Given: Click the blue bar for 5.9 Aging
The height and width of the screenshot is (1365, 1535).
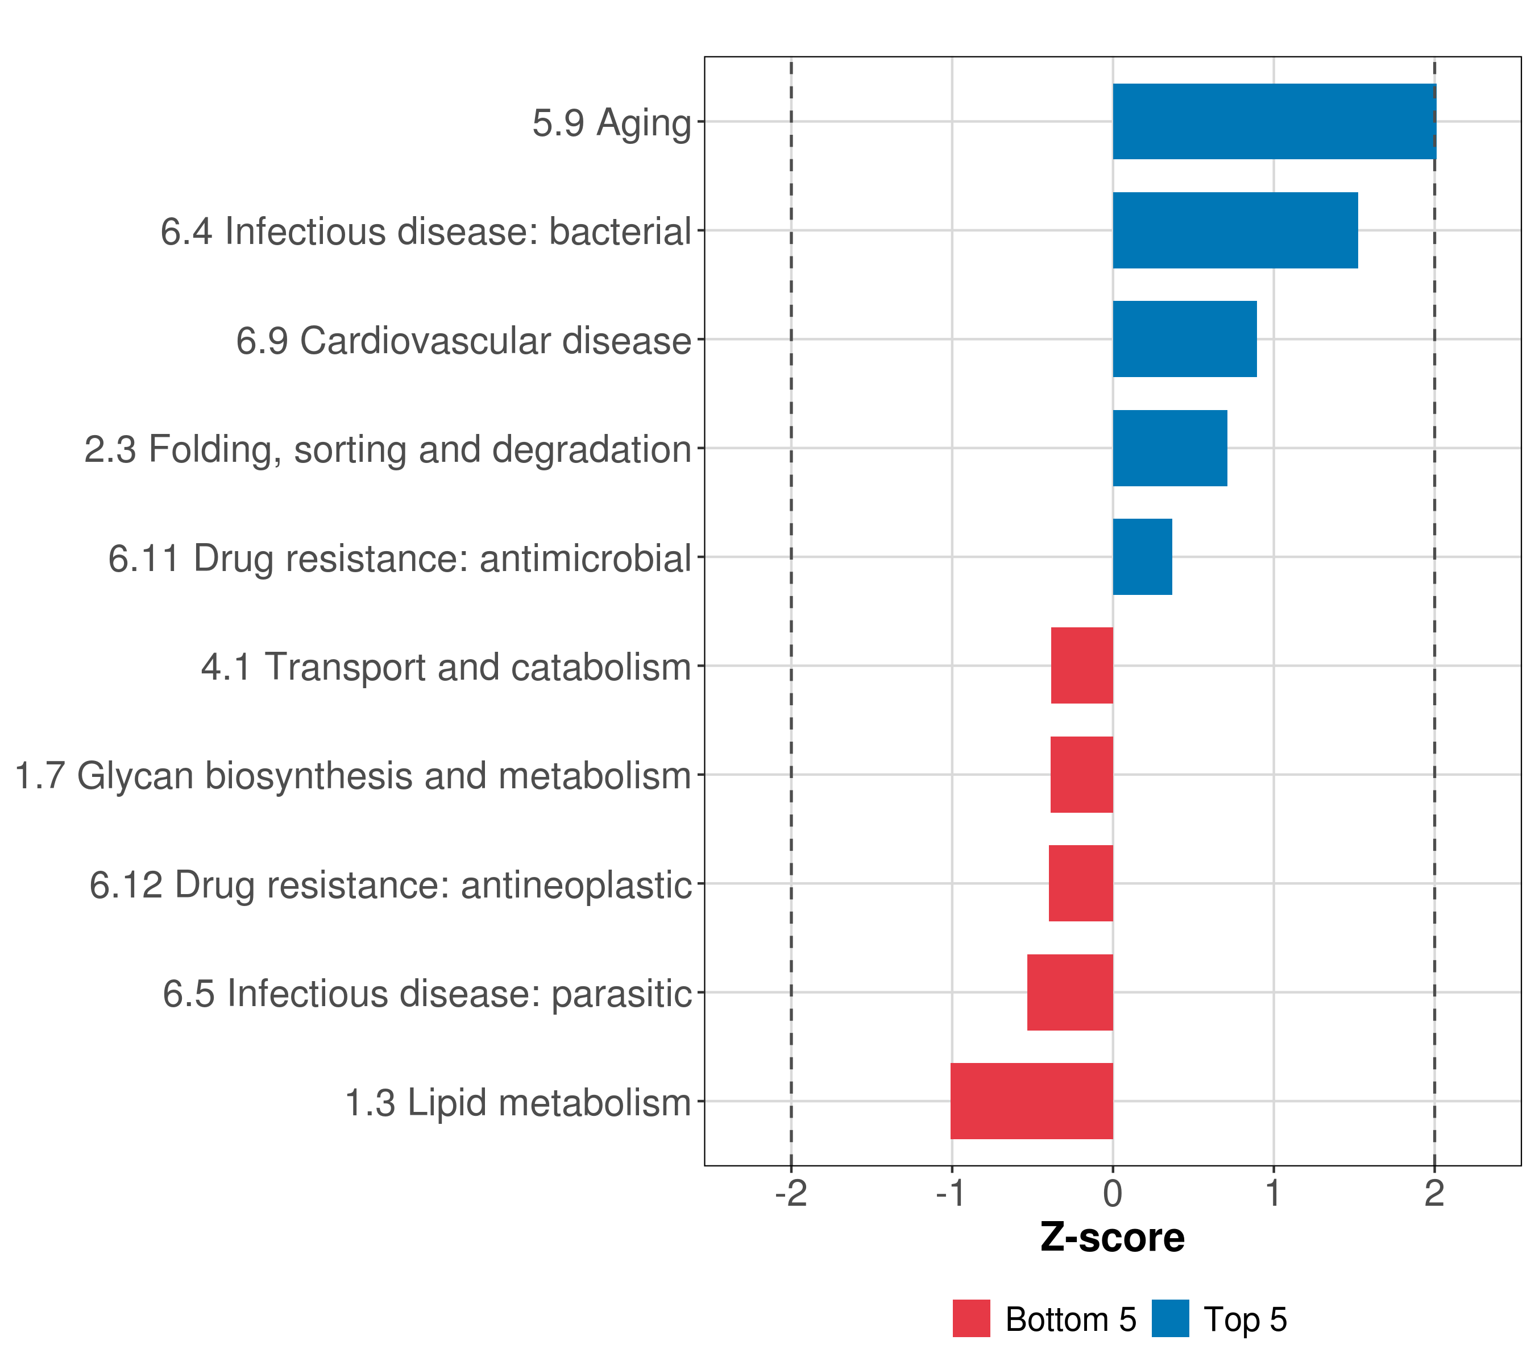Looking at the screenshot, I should [x=1273, y=121].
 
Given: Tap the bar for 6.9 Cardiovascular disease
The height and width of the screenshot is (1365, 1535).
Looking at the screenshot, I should [x=1184, y=339].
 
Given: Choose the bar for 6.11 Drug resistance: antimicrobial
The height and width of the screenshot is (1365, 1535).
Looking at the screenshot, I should [x=1142, y=557].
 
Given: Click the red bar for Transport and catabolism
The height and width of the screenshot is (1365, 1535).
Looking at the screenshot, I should [x=1081, y=665].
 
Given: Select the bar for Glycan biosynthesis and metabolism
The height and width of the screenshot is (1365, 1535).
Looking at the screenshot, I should [x=1081, y=775].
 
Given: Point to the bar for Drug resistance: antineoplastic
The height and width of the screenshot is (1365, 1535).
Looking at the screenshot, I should [x=1080, y=883].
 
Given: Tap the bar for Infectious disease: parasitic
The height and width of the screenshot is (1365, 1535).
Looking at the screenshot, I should [x=1069, y=992].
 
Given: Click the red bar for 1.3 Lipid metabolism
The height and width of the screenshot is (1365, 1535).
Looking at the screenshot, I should [x=1031, y=1101].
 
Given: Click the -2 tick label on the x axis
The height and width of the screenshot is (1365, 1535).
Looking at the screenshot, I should [x=791, y=1193].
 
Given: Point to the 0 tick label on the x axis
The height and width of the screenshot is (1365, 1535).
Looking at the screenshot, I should [x=1112, y=1193].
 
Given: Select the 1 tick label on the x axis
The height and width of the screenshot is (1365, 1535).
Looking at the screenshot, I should [x=1273, y=1193].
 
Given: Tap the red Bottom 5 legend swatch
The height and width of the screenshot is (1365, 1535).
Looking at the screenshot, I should [x=971, y=1319].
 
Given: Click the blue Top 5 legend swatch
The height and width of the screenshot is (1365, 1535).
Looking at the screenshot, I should [x=1170, y=1319].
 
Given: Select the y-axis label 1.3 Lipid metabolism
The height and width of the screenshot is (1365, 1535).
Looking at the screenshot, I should [x=517, y=1103].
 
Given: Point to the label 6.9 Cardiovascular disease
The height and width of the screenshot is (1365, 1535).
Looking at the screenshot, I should [x=463, y=340].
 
